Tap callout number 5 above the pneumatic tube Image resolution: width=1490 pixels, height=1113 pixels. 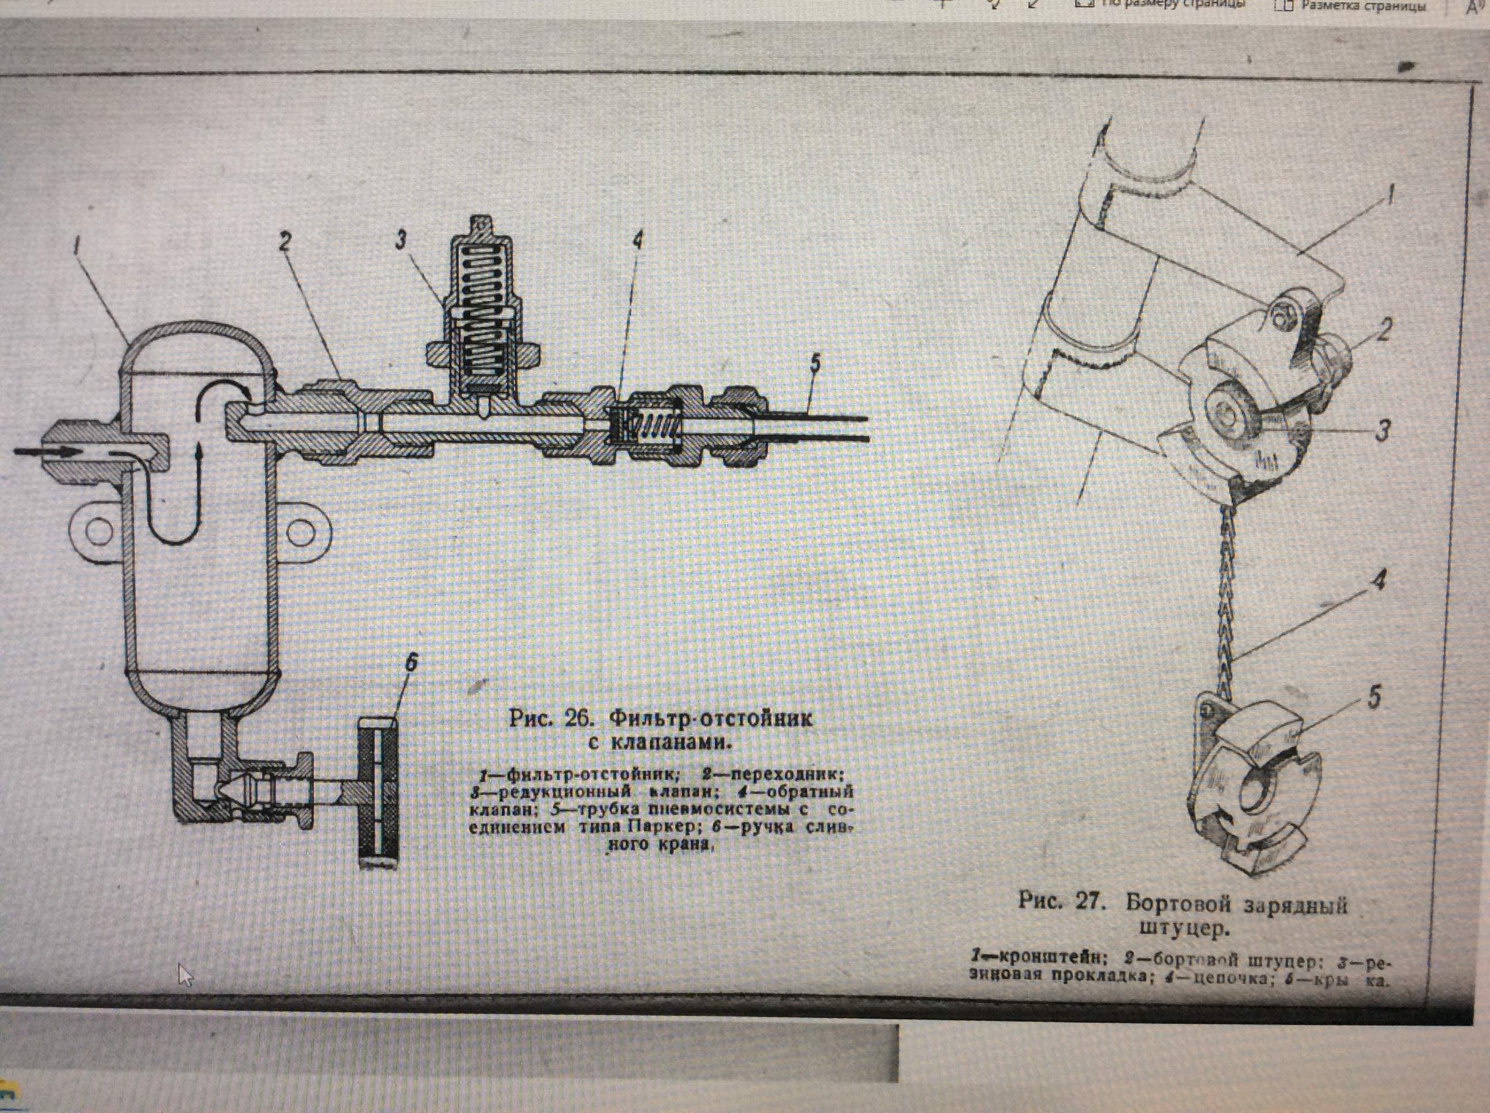point(815,364)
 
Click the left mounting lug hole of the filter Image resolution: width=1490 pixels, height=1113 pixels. point(98,532)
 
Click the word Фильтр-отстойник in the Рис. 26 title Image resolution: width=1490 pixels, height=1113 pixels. point(711,718)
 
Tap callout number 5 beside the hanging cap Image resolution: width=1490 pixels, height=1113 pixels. point(1373,697)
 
